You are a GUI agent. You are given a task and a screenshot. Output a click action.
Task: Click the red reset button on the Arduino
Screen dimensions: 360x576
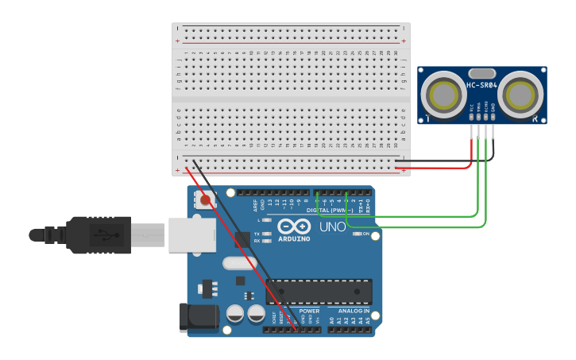(207, 200)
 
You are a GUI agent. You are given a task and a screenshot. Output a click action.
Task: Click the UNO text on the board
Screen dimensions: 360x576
(332, 226)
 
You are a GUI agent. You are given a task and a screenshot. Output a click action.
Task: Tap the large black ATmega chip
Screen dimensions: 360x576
(319, 292)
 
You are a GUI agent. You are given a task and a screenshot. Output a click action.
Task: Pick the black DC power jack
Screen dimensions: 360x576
(199, 316)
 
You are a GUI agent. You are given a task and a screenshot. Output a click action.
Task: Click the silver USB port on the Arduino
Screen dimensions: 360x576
(191, 235)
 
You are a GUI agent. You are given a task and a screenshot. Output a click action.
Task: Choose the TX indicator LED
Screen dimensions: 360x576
(267, 234)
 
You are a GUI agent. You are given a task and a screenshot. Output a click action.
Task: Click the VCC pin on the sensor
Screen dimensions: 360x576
(472, 118)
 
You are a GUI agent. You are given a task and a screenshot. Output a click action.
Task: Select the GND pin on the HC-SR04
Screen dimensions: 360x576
(493, 118)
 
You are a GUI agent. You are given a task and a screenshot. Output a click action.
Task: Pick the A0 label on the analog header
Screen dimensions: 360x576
(332, 319)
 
